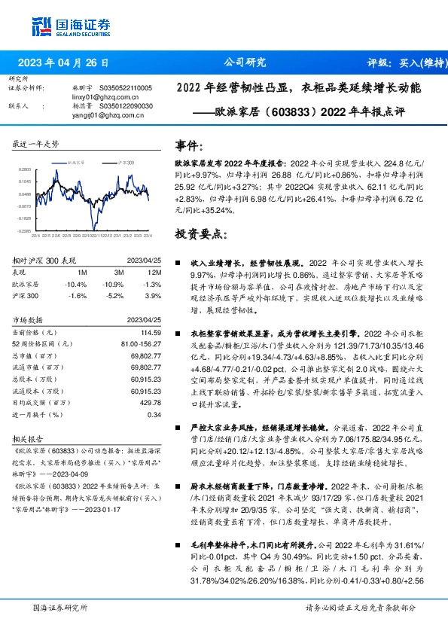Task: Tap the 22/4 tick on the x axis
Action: (x=35, y=234)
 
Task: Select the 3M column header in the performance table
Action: (x=120, y=271)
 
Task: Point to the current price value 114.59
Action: (x=151, y=332)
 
